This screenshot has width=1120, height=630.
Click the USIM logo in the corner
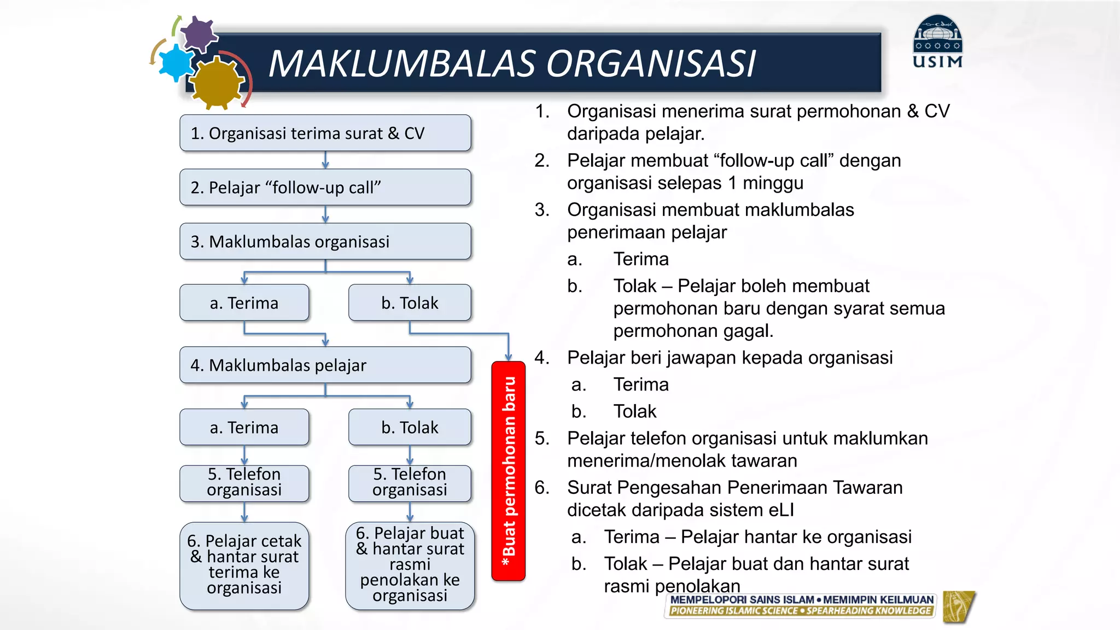coord(937,43)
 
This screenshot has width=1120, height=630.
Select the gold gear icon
coord(218,84)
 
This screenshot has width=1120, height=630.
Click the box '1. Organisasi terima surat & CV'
coord(325,133)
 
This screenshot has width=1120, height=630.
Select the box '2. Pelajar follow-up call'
coord(325,187)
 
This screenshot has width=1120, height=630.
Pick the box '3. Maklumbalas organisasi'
coord(325,241)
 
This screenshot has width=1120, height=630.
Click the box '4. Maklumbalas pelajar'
coord(325,365)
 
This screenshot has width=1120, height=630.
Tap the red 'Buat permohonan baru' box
coord(508,471)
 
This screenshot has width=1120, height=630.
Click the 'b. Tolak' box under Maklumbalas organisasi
coord(410,302)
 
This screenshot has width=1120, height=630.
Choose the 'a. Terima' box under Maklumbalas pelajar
coord(244,427)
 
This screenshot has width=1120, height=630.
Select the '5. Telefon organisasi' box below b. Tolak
coord(410,482)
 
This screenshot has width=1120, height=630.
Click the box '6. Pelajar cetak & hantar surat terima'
coord(244,565)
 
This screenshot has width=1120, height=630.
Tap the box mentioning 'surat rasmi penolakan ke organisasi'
coord(410,565)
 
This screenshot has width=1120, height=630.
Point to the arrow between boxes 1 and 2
coord(325,160)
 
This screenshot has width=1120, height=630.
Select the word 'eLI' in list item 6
coord(780,510)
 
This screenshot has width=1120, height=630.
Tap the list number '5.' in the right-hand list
coord(542,438)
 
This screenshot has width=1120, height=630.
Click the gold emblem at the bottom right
coord(959,606)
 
